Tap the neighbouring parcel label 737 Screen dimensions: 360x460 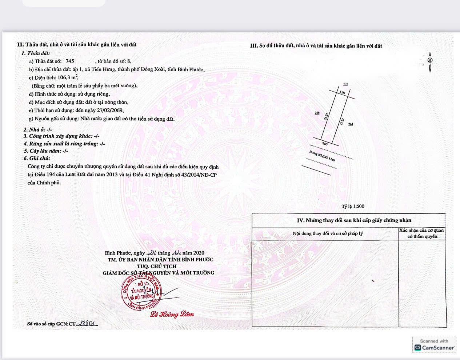[x=345, y=84]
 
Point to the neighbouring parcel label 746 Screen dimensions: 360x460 [x=317, y=113]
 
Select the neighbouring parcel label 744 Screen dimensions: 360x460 [x=351, y=124]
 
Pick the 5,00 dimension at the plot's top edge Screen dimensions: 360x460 [x=342, y=92]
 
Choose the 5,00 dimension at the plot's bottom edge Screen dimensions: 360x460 [x=324, y=144]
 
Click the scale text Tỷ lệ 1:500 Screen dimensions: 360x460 [x=353, y=206]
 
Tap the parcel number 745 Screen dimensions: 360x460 [x=70, y=61]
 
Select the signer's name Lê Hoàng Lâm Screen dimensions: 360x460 [x=172, y=314]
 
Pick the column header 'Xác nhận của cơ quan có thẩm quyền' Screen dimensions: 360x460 [x=421, y=233]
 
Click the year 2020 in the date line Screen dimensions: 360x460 [x=199, y=253]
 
